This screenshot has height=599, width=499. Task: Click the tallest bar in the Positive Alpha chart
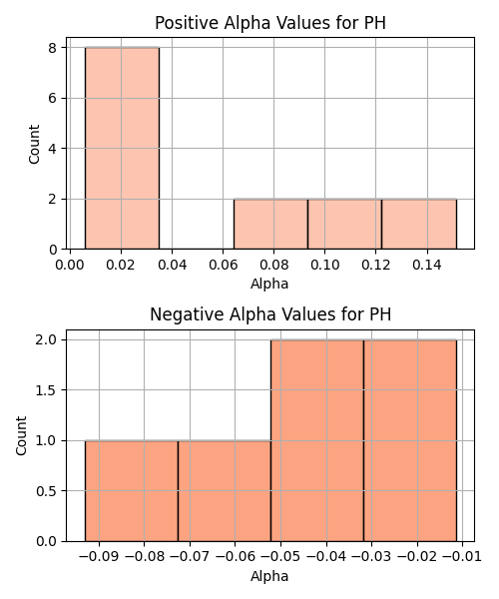[x=122, y=148]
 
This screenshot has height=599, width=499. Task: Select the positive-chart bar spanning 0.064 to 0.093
[x=270, y=225]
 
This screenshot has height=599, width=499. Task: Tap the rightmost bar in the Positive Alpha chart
[x=419, y=225]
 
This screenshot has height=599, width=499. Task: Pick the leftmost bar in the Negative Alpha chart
[x=132, y=491]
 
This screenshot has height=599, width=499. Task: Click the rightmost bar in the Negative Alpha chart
[x=410, y=440]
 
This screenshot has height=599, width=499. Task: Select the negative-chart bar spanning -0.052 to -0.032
[x=317, y=440]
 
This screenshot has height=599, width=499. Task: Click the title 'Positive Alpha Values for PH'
[x=270, y=23]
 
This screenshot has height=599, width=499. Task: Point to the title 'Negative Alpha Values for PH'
[x=270, y=314]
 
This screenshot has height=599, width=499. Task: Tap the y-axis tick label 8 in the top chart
[x=52, y=48]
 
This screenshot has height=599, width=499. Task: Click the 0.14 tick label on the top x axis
[x=427, y=265]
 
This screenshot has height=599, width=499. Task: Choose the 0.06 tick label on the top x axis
[x=223, y=265]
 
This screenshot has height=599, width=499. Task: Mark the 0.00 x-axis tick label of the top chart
[x=70, y=265]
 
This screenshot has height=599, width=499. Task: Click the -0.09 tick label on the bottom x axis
[x=99, y=557]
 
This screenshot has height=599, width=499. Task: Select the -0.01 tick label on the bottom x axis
[x=462, y=557]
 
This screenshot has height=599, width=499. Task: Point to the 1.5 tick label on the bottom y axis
[x=46, y=390]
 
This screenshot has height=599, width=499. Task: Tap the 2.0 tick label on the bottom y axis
[x=46, y=340]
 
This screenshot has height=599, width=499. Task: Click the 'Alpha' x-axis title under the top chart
[x=269, y=284]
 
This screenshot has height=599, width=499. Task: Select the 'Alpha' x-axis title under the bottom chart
[x=269, y=576]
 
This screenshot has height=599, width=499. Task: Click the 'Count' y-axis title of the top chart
[x=34, y=144]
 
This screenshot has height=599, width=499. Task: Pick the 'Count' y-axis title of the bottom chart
[x=21, y=436]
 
